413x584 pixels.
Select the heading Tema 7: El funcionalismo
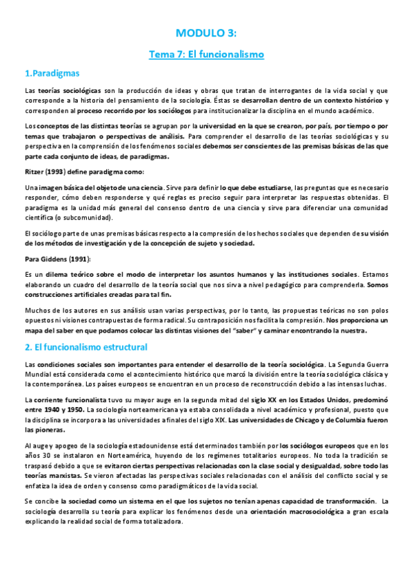click(x=206, y=53)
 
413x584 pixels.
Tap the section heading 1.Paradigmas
click(x=52, y=72)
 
